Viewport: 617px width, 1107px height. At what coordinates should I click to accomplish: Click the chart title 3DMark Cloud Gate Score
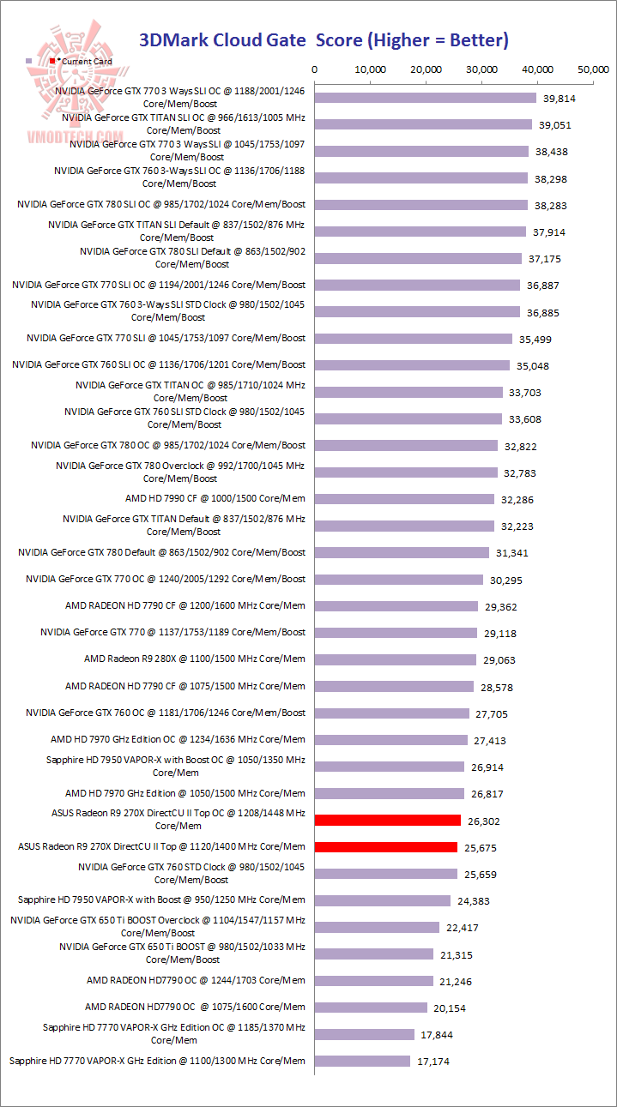324,39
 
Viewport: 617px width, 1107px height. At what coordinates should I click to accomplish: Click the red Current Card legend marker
53,62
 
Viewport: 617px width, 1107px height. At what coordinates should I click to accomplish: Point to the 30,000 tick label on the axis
482,69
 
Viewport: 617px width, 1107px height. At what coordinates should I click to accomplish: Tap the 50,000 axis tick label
594,69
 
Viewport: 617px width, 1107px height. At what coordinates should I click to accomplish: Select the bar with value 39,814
426,98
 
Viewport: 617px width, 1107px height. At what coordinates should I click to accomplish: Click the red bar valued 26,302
388,821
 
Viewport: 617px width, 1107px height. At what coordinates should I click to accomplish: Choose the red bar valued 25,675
386,847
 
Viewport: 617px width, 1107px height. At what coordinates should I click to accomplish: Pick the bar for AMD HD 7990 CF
405,499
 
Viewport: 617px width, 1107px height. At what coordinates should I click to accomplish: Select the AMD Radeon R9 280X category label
194,659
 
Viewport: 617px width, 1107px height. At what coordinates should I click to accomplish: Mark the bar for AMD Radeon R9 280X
396,659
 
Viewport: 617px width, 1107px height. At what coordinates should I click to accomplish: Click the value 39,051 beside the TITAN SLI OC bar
555,125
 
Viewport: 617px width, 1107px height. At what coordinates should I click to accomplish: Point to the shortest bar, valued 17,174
363,1062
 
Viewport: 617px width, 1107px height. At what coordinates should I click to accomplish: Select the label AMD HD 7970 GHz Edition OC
177,739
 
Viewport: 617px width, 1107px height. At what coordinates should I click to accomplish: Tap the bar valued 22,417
377,927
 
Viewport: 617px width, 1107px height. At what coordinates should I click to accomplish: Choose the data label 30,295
505,580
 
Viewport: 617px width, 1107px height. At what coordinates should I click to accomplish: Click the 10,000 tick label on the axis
371,69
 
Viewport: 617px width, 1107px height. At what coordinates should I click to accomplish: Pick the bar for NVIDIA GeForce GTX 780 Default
402,553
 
